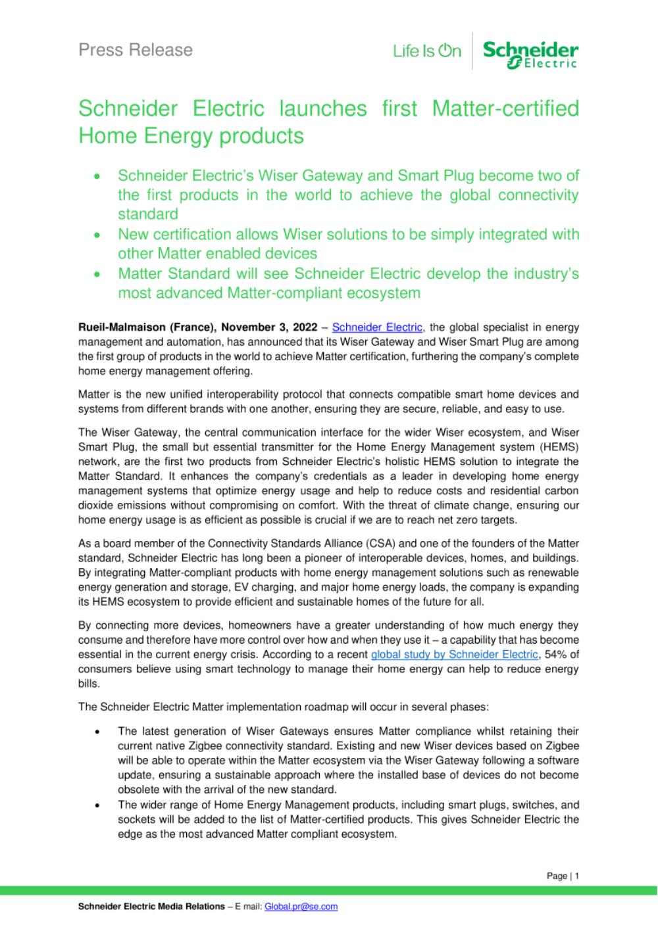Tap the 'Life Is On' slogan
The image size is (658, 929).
[427, 51]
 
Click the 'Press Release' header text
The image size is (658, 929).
[136, 50]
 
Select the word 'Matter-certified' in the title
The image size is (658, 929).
[505, 108]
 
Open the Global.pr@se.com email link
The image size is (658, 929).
[301, 906]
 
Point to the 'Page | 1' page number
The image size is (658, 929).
[563, 876]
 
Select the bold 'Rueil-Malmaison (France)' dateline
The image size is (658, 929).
[147, 327]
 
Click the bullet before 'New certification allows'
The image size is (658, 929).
[97, 235]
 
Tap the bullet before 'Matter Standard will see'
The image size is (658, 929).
[97, 274]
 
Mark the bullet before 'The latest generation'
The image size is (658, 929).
[97, 731]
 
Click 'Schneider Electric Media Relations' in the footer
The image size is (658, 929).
[151, 906]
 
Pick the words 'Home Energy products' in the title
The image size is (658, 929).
[191, 136]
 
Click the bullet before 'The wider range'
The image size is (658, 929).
[97, 805]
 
